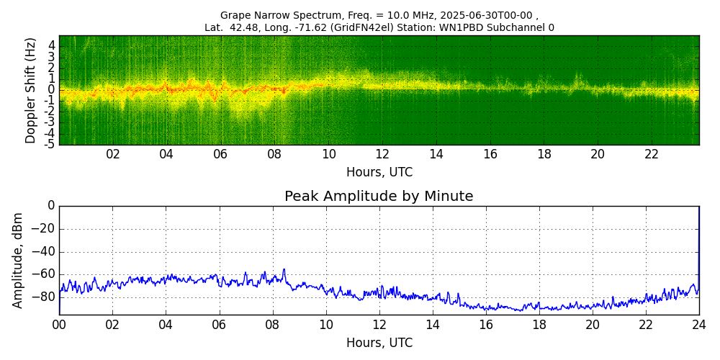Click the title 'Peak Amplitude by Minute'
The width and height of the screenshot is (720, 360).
click(x=379, y=197)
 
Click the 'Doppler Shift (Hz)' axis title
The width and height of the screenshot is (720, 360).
click(x=30, y=90)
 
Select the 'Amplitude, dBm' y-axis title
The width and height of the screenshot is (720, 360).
click(x=18, y=260)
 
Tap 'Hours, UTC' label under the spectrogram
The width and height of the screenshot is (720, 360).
click(x=379, y=173)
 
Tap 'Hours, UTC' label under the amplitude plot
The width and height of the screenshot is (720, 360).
click(x=379, y=343)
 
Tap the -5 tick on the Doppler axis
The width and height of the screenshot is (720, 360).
click(x=50, y=144)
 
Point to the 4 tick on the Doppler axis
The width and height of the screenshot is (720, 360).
click(x=52, y=45)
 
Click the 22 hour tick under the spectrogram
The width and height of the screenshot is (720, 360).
click(x=652, y=154)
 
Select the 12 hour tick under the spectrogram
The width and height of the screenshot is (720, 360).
click(x=382, y=154)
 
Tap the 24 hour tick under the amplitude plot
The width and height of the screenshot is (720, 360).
click(x=699, y=325)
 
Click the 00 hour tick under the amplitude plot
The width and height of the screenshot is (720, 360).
click(x=59, y=325)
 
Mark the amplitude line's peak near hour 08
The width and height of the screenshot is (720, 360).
click(x=284, y=270)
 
